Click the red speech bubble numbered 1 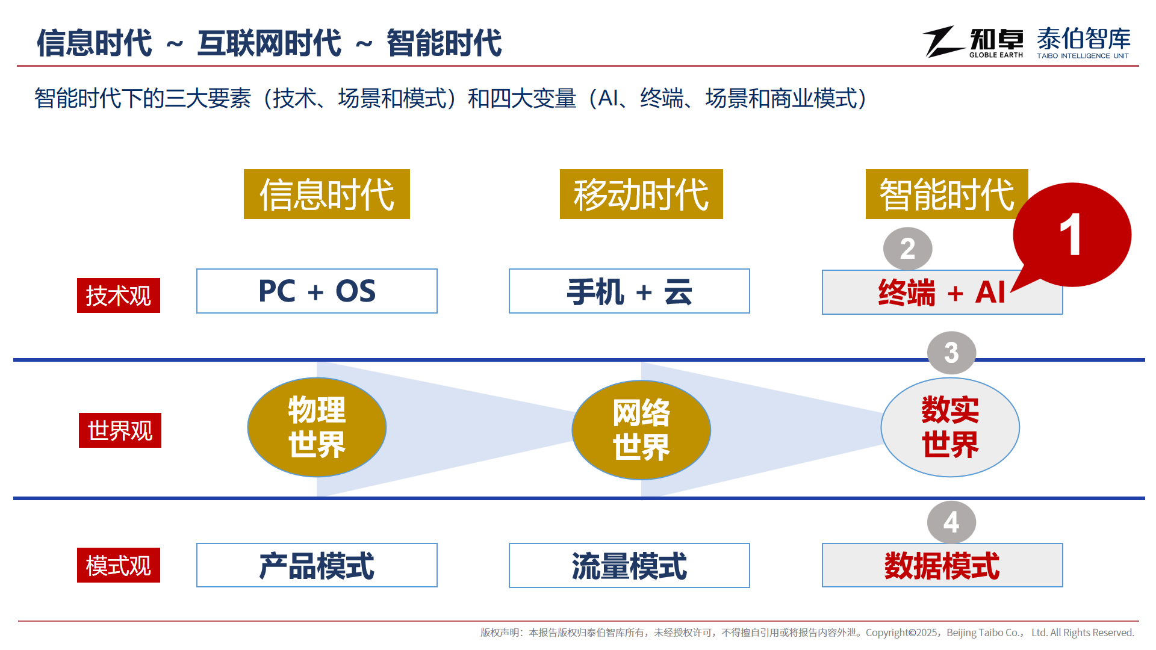coord(1072,235)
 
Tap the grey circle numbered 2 coord(907,249)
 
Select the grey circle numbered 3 coord(951,353)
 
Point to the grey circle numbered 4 coord(951,522)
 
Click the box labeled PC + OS coord(317,291)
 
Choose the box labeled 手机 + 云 coord(629,291)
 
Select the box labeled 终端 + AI coord(942,292)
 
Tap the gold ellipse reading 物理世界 coord(317,427)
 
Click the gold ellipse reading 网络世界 coord(641,430)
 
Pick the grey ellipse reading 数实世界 coord(950,427)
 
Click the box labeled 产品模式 coord(317,565)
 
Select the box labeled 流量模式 coord(629,565)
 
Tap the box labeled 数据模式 coord(942,565)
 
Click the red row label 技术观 coord(119,296)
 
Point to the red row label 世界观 coord(120,430)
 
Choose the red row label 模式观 coord(119,565)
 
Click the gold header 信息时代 coord(327,194)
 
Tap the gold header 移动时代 coord(641,194)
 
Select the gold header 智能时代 coord(946,194)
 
